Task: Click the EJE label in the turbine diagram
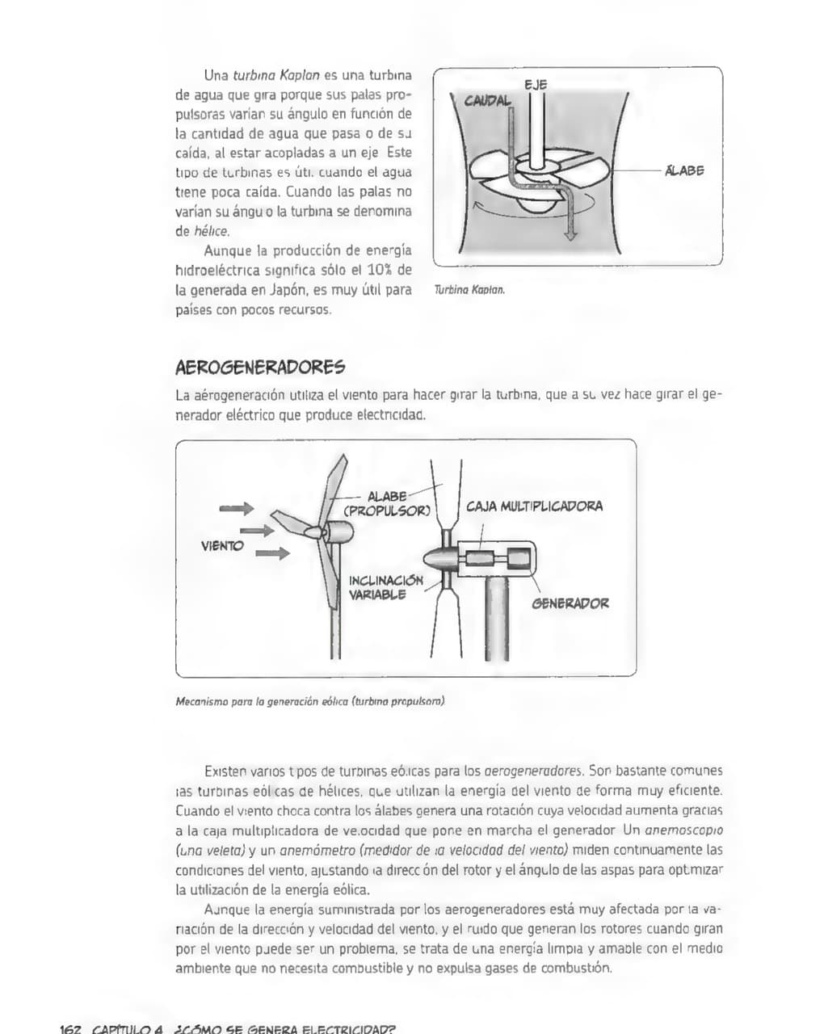point(535,84)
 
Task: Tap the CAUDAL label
point(488,101)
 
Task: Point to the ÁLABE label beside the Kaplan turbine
point(683,170)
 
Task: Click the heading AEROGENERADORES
point(260,368)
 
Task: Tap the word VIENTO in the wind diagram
point(222,546)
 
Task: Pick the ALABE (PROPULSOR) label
point(389,504)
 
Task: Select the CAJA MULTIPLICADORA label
point(534,506)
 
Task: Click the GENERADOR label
point(570,603)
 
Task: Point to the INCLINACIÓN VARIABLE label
point(385,587)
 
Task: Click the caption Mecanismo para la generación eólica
point(309,701)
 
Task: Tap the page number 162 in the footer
point(69,1029)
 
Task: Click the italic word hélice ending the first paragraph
point(211,231)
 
